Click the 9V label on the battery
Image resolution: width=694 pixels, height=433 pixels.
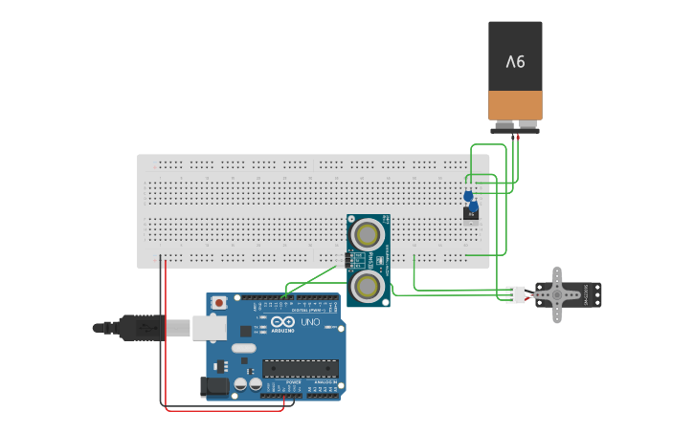pyautogui.click(x=516, y=62)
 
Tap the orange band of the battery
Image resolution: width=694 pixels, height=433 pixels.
pyautogui.click(x=516, y=104)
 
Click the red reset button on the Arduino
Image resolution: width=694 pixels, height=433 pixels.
pyautogui.click(x=219, y=303)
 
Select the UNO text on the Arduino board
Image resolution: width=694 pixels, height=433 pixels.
pyautogui.click(x=310, y=322)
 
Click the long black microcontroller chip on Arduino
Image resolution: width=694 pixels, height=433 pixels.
pyautogui.click(x=300, y=368)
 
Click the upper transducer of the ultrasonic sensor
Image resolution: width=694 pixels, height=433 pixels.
pyautogui.click(x=368, y=233)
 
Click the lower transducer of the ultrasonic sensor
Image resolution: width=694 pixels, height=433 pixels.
pyautogui.click(x=368, y=286)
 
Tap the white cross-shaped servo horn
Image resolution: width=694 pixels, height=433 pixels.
pyautogui.click(x=556, y=294)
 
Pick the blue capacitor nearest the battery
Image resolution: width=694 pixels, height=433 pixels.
pyautogui.click(x=468, y=196)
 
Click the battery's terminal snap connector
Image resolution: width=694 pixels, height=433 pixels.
pyautogui.click(x=516, y=127)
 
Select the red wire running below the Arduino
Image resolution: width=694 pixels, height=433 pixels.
pyautogui.click(x=225, y=411)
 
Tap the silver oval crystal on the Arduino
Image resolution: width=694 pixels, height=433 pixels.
pyautogui.click(x=243, y=348)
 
